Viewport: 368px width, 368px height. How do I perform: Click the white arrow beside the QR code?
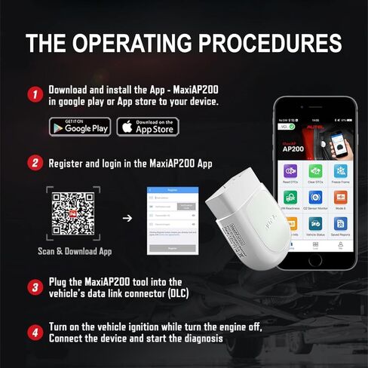click(127, 219)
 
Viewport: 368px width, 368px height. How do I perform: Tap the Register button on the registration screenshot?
click(173, 247)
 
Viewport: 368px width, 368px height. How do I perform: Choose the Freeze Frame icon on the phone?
click(341, 173)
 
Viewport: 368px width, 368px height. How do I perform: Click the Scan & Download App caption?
click(74, 252)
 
